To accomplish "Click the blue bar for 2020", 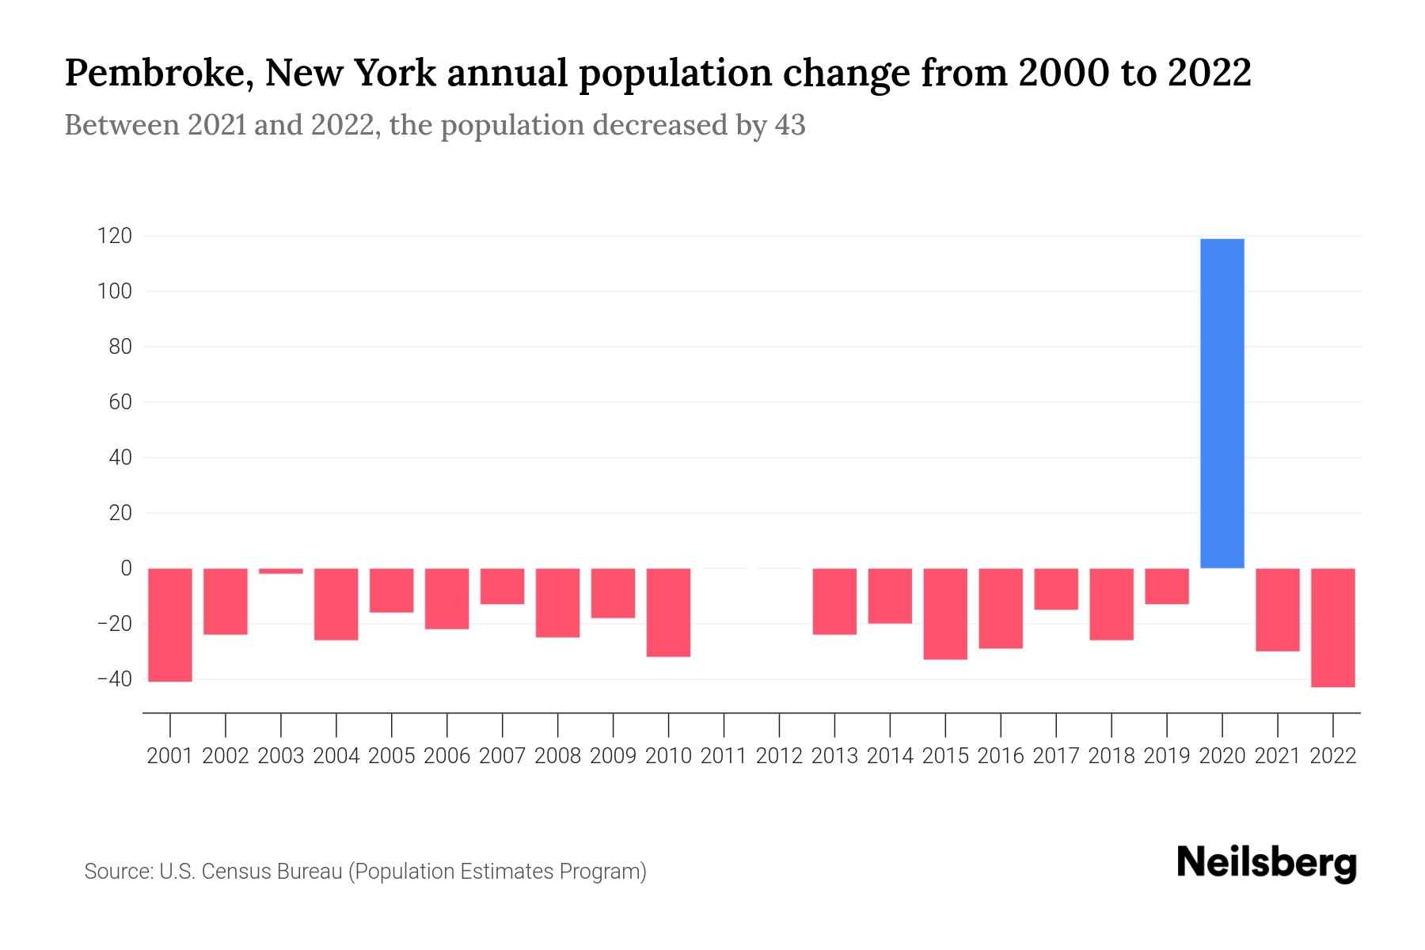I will (x=1222, y=404).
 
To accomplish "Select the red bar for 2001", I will (x=170, y=625).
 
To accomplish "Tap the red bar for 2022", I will (x=1332, y=627).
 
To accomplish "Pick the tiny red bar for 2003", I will (x=281, y=571).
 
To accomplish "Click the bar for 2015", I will (x=945, y=614).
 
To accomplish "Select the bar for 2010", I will (x=668, y=612).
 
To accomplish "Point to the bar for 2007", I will (x=502, y=586).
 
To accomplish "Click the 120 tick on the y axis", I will (x=115, y=236).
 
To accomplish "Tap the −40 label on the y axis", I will (x=114, y=679).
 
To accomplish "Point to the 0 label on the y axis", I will (x=126, y=568).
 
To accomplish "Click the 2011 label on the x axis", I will (x=724, y=756).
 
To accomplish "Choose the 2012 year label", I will (x=779, y=756).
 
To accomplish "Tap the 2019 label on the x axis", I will (x=1166, y=756).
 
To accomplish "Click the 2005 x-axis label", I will (x=392, y=756).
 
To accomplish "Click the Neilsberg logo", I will (x=1267, y=863).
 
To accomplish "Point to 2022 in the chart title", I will (x=1210, y=74).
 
